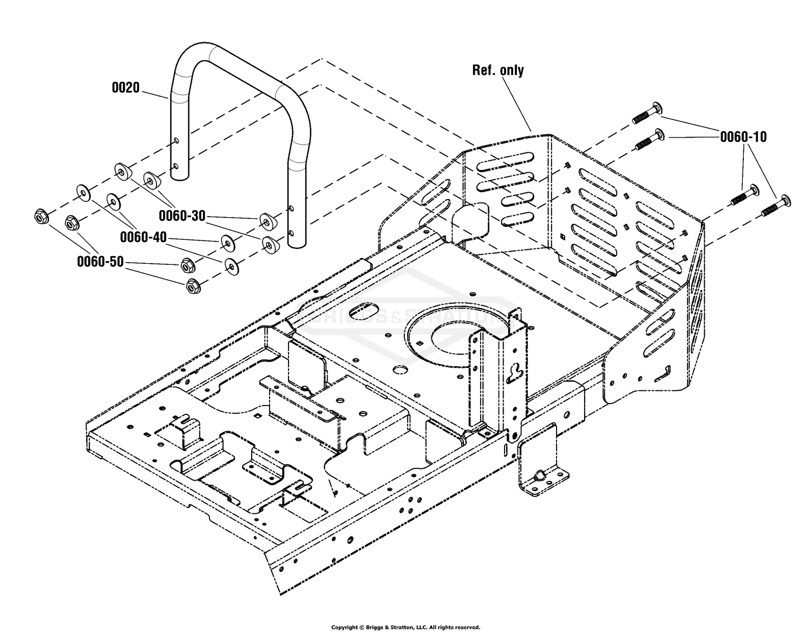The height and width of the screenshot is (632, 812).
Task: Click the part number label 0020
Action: (126, 88)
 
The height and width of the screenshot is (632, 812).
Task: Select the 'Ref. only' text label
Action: (497, 70)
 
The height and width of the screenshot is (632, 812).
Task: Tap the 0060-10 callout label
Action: (743, 137)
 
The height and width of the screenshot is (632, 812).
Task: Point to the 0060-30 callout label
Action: (182, 216)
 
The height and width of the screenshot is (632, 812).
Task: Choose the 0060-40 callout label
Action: (143, 237)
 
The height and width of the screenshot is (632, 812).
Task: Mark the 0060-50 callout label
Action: (100, 262)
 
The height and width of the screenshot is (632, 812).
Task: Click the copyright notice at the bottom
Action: (405, 627)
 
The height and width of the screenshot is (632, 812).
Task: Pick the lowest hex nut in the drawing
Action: (192, 285)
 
